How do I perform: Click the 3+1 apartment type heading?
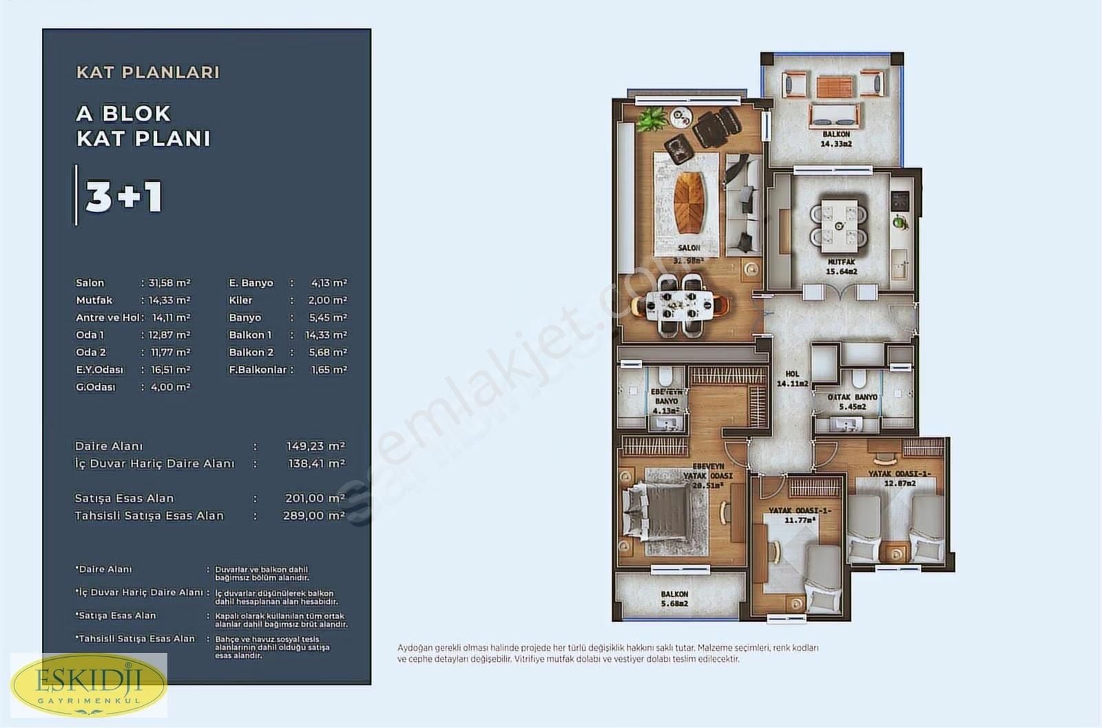[124, 197]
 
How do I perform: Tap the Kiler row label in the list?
[241, 300]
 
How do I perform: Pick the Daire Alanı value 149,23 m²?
[315, 446]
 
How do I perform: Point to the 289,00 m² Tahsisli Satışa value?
[313, 515]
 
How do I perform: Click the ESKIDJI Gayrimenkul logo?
[88, 685]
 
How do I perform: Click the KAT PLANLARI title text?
[148, 72]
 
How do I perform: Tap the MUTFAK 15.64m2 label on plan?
[841, 267]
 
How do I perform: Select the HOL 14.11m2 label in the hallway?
[792, 379]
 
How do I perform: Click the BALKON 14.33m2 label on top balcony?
[836, 139]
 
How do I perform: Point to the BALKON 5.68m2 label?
[674, 599]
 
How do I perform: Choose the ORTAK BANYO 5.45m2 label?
[853, 402]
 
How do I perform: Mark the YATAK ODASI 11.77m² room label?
[799, 515]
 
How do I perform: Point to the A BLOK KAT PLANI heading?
[143, 126]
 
